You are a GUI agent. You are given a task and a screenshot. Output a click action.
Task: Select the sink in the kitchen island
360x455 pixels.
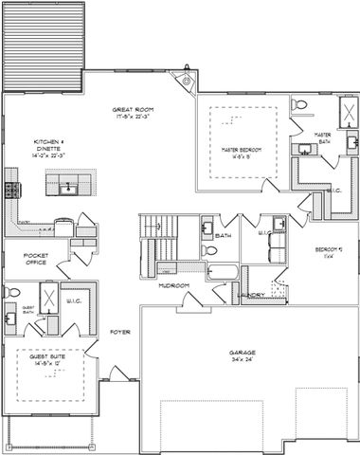click(66, 188)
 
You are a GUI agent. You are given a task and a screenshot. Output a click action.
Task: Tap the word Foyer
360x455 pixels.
click(119, 332)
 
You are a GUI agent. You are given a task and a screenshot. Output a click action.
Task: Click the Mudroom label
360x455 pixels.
click(172, 285)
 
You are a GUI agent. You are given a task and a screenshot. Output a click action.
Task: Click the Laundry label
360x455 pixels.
click(252, 295)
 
